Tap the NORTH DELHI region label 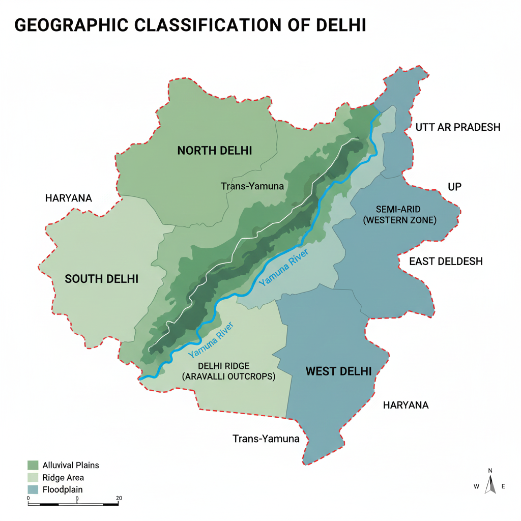click(x=215, y=151)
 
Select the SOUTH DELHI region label click(x=102, y=279)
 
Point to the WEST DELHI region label click(x=338, y=371)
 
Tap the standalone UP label click(x=454, y=187)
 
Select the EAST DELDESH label click(x=446, y=262)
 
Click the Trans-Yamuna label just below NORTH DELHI click(x=252, y=186)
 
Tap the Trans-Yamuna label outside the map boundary click(x=266, y=439)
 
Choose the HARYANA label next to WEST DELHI click(x=406, y=405)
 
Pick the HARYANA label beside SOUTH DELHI click(x=68, y=198)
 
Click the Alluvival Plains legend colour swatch click(x=33, y=465)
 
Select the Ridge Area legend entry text click(x=63, y=478)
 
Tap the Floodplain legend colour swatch click(x=33, y=489)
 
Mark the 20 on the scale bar click(x=119, y=498)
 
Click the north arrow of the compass click(x=490, y=484)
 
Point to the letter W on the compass click(x=476, y=486)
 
